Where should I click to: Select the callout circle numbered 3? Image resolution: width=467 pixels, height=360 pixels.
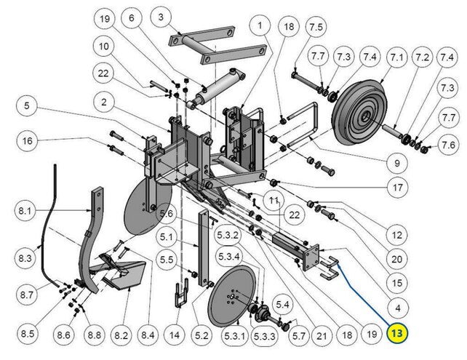click(161, 15)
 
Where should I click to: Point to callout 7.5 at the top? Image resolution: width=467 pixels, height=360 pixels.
click(316, 27)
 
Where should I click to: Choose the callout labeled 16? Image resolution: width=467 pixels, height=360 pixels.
click(27, 140)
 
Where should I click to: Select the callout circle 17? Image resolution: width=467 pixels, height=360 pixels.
click(398, 188)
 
